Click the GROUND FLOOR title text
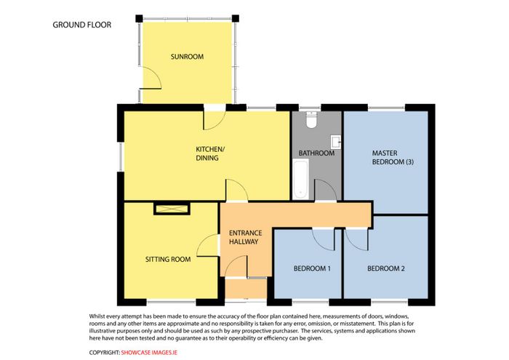[x=81, y=25]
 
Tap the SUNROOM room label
[x=188, y=57]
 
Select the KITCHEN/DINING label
[x=210, y=153]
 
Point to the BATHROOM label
[x=316, y=153]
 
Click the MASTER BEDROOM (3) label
[x=393, y=157]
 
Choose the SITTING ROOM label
[x=168, y=260]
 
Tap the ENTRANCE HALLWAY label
[x=246, y=237]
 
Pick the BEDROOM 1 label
[x=312, y=269]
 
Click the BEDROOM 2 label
[x=386, y=269]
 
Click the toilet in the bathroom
[x=312, y=119]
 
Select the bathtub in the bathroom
[x=300, y=180]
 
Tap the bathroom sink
[x=336, y=142]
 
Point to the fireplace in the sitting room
[x=172, y=209]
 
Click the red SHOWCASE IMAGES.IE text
[x=149, y=353]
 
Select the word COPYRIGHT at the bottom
[x=105, y=353]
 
